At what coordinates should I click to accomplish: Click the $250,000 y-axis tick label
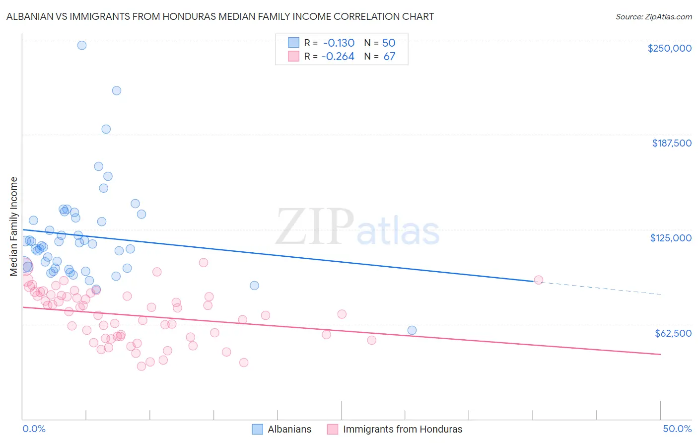pos(669,48)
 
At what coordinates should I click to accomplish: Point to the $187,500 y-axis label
pos(671,143)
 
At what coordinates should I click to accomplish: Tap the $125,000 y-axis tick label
pos(671,238)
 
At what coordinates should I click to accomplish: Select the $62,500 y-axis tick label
pos(673,333)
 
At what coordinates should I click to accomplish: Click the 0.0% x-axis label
pos(34,429)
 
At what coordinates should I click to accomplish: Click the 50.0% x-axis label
pos(677,429)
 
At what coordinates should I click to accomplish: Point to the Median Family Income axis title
pos(14,226)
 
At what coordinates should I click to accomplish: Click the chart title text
pos(220,17)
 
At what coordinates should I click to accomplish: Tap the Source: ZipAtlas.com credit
pos(653,17)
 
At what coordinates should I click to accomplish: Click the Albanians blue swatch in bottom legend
pos(257,429)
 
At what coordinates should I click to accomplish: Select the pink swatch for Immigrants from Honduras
pos(333,429)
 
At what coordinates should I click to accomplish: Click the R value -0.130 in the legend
pos(338,43)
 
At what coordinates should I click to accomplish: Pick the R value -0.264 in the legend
pos(338,57)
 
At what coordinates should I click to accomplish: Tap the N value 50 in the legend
pos(388,43)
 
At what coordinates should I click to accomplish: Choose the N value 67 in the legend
pos(389,57)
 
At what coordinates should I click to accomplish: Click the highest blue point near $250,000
pos(82,45)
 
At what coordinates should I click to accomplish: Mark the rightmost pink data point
pos(539,280)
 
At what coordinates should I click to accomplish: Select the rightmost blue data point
pos(412,330)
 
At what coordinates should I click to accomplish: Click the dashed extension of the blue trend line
pos(601,288)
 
